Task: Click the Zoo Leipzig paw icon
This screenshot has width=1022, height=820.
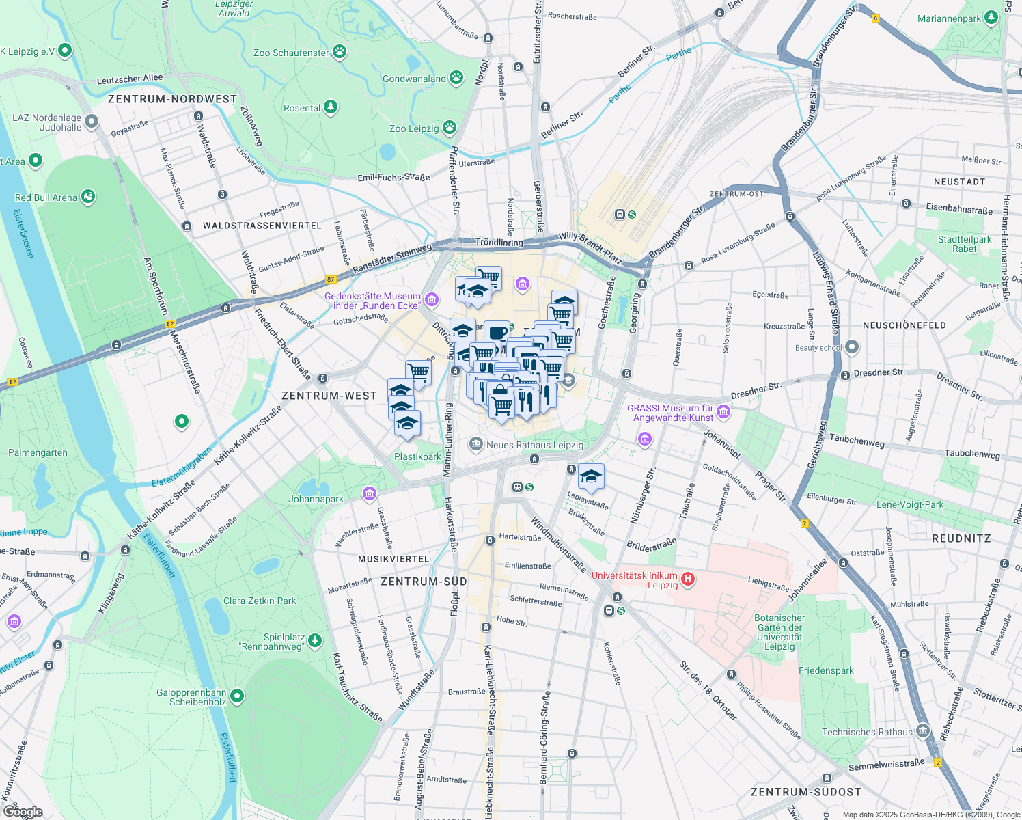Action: pos(449,128)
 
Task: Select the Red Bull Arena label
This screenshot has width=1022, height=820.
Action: pos(46,197)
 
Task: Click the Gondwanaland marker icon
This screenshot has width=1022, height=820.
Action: pos(456,79)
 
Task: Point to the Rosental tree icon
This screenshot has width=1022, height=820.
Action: pos(331,107)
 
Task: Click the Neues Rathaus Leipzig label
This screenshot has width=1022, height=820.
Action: pos(534,445)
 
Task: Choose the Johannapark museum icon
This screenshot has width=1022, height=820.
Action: pos(370,493)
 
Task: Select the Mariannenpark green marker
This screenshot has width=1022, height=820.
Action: pos(991,18)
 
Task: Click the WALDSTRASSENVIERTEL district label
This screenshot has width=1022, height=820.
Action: pos(262,225)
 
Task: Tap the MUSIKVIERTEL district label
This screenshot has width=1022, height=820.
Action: pos(393,559)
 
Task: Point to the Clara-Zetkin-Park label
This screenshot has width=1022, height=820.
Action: pos(260,601)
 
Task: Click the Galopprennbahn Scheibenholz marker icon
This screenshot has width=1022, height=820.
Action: pos(237,696)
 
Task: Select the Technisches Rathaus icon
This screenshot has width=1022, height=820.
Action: pos(923,732)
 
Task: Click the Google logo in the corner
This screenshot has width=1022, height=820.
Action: pos(22,812)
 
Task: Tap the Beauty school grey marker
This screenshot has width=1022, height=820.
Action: pos(851,347)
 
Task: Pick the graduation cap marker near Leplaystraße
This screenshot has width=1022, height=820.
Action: pos(591,477)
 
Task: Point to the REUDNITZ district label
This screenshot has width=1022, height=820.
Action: pos(961,538)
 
